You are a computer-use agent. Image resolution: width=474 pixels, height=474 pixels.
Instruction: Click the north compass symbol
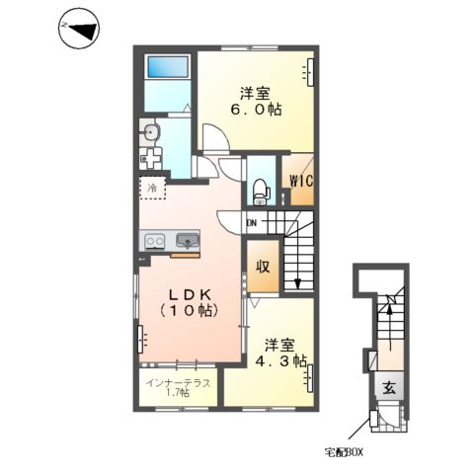coord(79,29)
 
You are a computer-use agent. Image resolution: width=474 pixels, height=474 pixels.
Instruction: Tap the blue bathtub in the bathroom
coord(168,67)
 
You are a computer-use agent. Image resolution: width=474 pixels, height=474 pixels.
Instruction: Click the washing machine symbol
coord(150,159)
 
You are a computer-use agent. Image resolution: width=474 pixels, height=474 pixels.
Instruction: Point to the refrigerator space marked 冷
coord(152,188)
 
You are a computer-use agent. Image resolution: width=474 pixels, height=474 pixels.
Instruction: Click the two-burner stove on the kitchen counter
coord(155,242)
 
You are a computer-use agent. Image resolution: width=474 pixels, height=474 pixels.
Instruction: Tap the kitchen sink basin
coord(188,240)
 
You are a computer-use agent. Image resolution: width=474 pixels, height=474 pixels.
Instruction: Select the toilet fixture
coord(262,192)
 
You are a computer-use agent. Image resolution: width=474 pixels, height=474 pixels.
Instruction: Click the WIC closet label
coord(301,181)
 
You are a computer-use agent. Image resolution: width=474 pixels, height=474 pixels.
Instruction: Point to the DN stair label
coord(252,223)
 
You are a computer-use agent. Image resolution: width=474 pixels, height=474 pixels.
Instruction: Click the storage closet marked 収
coord(263,267)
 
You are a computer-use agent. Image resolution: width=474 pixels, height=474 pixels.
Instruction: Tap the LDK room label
coord(190,295)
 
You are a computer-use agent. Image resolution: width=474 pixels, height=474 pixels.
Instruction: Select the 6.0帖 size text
coord(256,110)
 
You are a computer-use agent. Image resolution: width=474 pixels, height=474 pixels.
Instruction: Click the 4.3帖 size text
coord(281,361)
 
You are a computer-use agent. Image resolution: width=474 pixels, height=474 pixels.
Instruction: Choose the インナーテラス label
coord(178,383)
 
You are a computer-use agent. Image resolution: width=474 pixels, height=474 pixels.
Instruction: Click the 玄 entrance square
coord(389,388)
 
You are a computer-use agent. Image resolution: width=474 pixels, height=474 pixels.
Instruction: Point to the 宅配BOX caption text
coord(344,452)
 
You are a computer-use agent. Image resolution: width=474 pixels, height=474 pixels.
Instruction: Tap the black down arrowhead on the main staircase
coord(298,284)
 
